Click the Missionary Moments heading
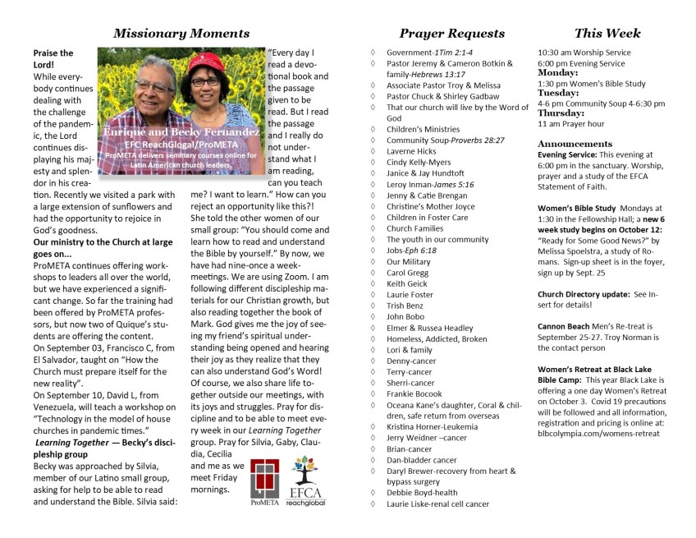[x=181, y=34]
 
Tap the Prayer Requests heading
[x=451, y=34]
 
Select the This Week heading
[x=607, y=34]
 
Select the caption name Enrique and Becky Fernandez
[x=181, y=131]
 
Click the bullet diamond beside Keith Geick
[x=373, y=283]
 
